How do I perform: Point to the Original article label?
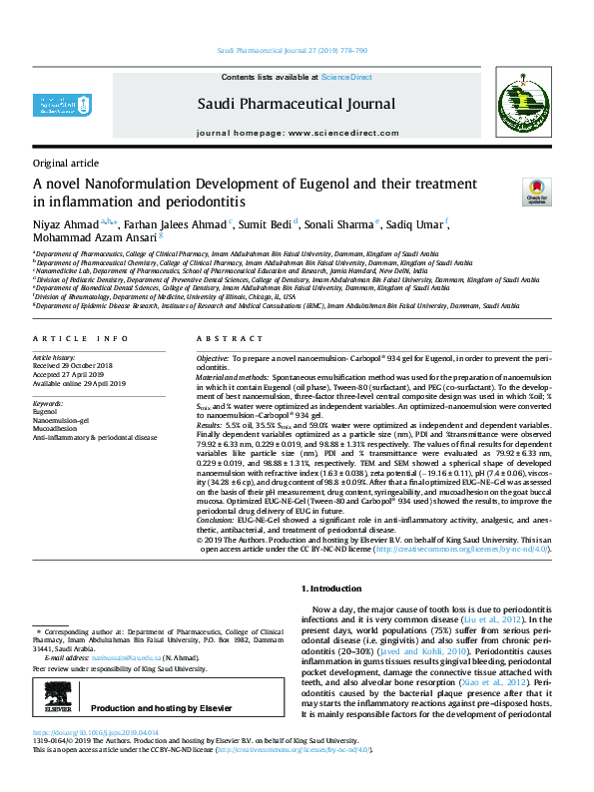point(66,163)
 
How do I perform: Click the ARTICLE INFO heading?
point(81,339)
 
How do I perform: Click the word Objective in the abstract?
point(212,356)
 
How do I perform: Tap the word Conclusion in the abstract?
point(216,520)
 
